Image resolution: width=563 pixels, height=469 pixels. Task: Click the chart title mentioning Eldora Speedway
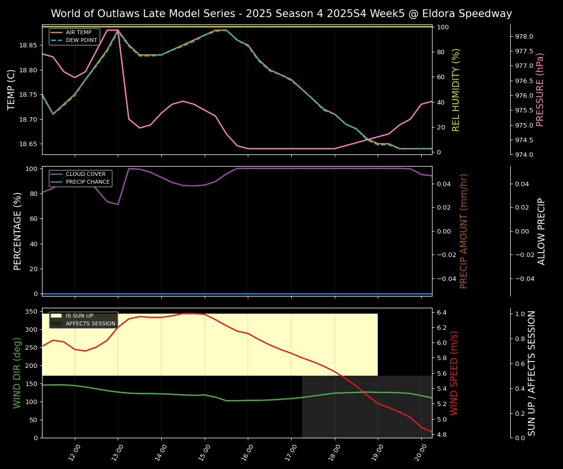(281, 14)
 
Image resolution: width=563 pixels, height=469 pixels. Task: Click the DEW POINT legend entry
(81, 40)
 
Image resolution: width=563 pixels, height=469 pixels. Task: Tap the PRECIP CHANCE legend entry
(87, 182)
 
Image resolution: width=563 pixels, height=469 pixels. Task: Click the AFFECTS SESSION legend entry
(90, 323)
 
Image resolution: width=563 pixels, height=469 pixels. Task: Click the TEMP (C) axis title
(11, 89)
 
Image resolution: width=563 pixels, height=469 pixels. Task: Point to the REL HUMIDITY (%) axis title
(456, 89)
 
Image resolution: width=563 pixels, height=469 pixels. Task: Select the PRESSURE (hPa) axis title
(540, 89)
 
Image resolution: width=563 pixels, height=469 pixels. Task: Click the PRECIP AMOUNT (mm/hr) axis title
(464, 231)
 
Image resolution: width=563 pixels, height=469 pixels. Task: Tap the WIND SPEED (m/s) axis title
(455, 373)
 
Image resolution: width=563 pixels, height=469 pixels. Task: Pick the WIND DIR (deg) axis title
(18, 373)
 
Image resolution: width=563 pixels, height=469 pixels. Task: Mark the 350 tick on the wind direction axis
(31, 312)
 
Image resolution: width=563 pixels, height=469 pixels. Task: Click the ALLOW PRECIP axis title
(541, 231)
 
